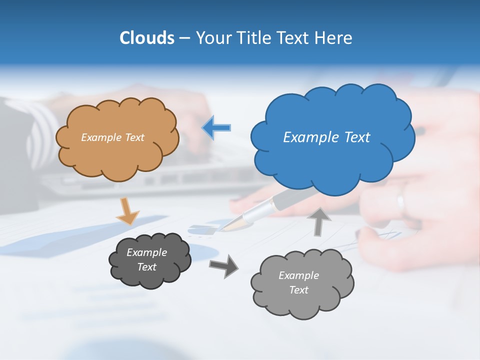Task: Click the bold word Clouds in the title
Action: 147,38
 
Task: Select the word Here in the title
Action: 335,38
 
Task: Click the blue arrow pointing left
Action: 216,128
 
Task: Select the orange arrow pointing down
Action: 127,210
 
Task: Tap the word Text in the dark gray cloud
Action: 147,267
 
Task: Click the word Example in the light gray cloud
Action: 298,275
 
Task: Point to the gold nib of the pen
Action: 231,224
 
